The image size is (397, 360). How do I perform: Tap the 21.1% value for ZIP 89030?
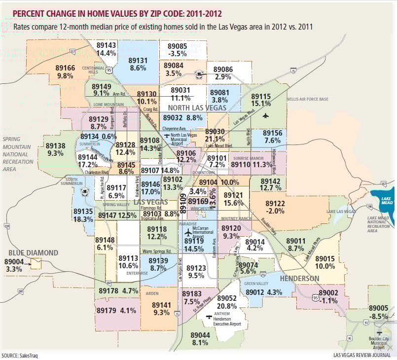tap(215, 139)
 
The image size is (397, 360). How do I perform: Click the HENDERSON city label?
tap(299, 279)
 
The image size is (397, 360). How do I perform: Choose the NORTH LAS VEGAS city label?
tap(197, 108)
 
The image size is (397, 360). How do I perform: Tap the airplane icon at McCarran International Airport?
tap(187, 232)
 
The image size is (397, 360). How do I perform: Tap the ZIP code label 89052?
tap(227, 298)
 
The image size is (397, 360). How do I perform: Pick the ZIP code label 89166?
tap(66, 68)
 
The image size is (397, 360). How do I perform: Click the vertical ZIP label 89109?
tap(183, 204)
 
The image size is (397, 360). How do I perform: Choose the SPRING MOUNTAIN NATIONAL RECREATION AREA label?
tap(18, 154)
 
